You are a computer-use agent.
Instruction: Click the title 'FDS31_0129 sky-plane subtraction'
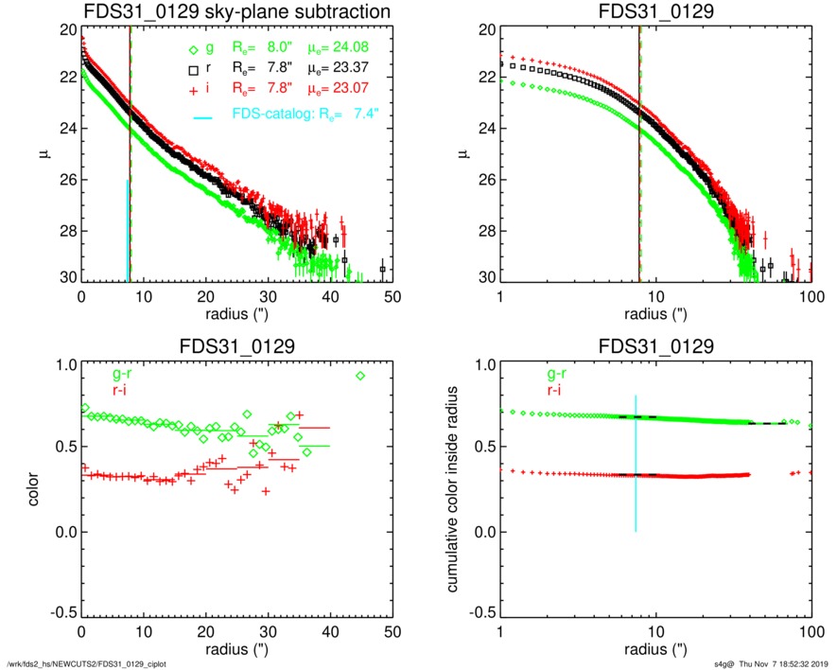click(236, 12)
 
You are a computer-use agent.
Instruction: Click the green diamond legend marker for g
click(193, 49)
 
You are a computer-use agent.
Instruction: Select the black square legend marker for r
click(193, 70)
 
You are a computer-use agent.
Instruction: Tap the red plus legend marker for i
click(193, 90)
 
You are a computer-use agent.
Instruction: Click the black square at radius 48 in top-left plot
click(382, 269)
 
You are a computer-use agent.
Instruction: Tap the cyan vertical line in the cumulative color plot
click(636, 464)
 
